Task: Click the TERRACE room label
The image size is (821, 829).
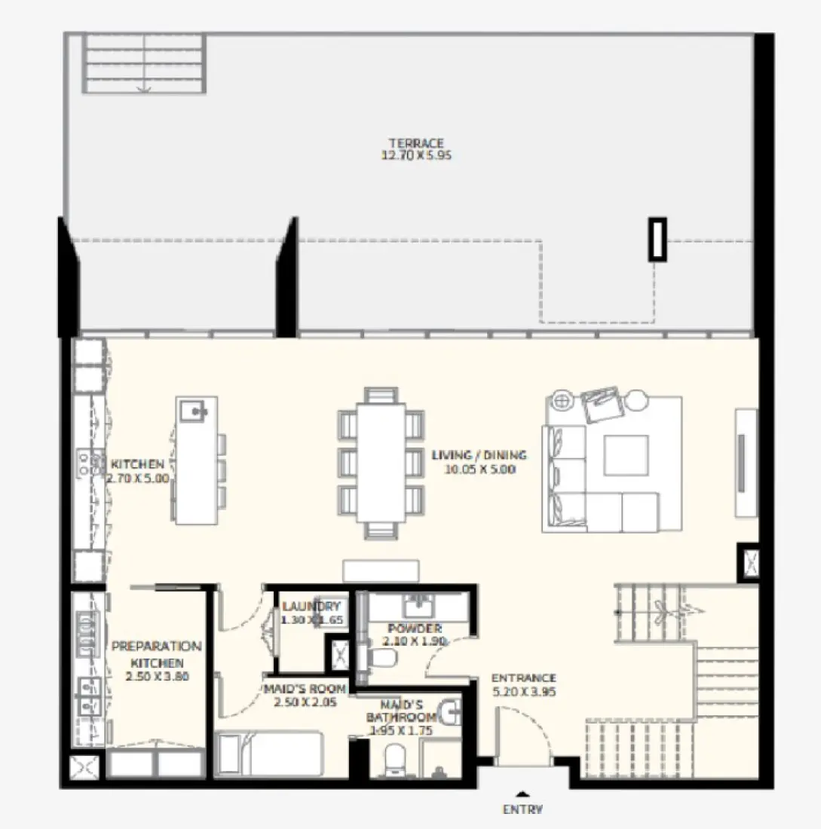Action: pos(415,143)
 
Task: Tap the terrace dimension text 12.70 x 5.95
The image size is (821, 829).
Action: pos(415,156)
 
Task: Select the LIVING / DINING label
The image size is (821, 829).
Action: pos(479,455)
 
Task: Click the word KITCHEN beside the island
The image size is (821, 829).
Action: pos(136,464)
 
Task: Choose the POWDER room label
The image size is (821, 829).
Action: pos(415,629)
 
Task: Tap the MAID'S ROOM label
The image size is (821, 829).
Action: pos(305,689)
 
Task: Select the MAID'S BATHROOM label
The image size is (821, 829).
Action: pos(400,717)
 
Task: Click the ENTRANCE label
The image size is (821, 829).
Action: pos(524,678)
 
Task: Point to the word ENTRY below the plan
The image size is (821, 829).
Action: pos(522,810)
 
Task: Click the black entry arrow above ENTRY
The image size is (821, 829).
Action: pos(522,793)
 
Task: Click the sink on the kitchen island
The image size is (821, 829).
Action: pos(196,411)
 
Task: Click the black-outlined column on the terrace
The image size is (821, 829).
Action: pos(657,240)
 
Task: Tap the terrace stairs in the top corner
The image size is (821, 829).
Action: pos(143,63)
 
